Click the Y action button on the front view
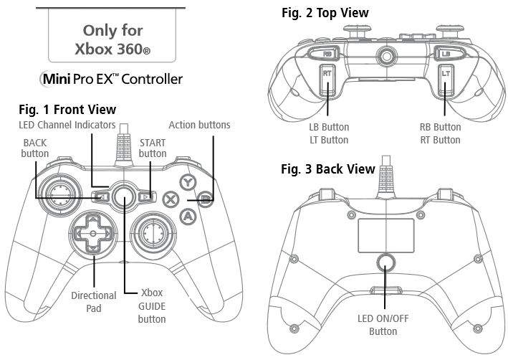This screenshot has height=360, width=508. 188,182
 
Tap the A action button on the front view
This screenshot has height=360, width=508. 188,214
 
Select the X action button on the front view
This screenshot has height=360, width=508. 171,199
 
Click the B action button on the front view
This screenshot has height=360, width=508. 205,199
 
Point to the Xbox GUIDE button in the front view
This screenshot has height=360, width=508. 125,194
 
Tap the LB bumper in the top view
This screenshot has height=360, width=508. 446,53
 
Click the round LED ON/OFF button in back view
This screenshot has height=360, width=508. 386,262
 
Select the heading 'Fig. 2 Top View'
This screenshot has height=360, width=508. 325,13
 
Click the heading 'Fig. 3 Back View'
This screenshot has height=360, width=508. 327,169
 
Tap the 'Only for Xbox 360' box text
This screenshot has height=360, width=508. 112,39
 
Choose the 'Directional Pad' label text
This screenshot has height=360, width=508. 93,301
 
